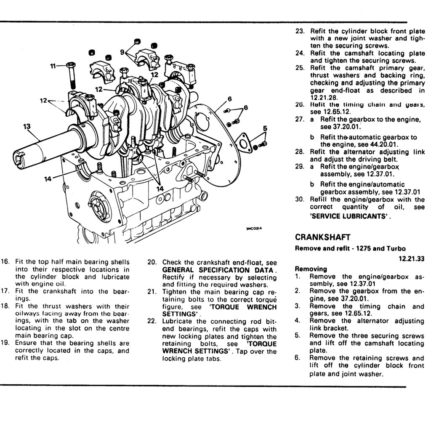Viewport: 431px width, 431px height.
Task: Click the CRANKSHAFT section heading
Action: [322, 237]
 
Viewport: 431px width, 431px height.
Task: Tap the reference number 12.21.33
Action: [411, 259]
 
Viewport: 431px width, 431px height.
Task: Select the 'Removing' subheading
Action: [311, 269]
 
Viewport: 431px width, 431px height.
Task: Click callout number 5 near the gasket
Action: [265, 128]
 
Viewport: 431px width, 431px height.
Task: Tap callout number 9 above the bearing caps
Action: [122, 52]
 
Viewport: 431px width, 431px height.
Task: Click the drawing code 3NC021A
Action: [254, 229]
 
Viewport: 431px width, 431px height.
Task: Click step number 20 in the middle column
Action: [152, 262]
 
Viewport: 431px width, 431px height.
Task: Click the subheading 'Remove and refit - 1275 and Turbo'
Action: [351, 248]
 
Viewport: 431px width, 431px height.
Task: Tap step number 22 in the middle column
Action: [152, 321]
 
